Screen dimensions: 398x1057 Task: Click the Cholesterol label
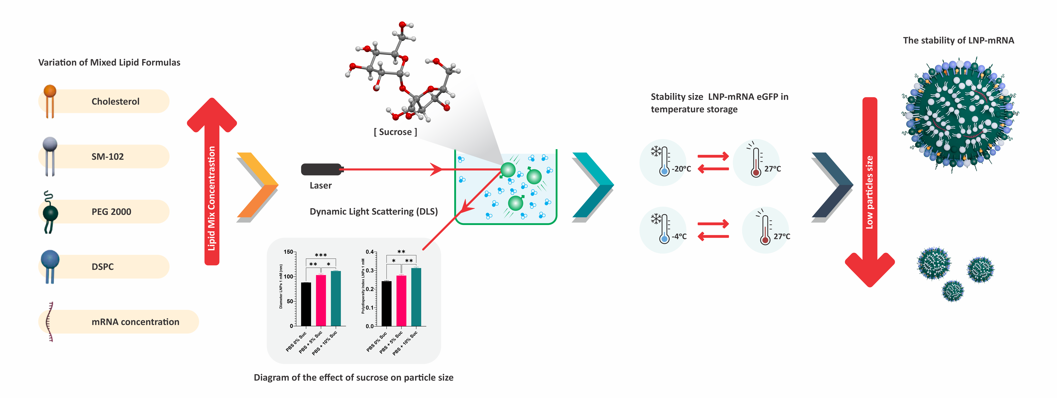[x=115, y=101]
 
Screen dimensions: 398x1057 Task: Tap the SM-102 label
[x=108, y=156]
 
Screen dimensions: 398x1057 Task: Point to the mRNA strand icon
[x=50, y=322]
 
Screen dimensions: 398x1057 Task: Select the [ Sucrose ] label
[x=395, y=132]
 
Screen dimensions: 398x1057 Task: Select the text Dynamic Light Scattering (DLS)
[x=373, y=212]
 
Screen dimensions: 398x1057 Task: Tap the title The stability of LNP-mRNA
[x=958, y=40]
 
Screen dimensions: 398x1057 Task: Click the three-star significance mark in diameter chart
[x=321, y=255]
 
